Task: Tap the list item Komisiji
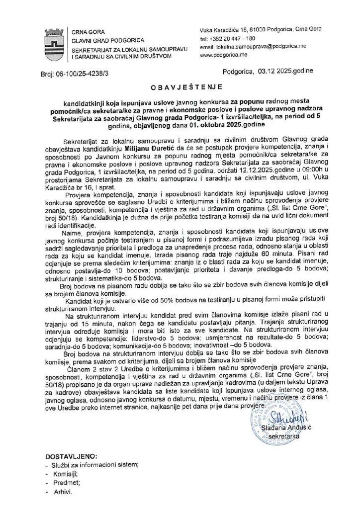tap(65, 473)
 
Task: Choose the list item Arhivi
tap(63, 491)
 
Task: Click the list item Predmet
tap(65, 482)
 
